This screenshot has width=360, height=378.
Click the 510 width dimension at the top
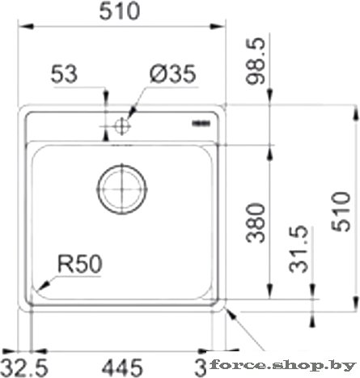120,11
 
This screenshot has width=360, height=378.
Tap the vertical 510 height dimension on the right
341,212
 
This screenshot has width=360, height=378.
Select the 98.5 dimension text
256,62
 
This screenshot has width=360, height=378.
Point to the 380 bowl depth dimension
256,223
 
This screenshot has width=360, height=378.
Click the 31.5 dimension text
299,248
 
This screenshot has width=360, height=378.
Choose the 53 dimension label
64,74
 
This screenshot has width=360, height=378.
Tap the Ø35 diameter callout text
173,74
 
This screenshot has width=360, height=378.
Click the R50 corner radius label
80,264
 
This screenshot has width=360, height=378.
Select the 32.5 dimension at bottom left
24,367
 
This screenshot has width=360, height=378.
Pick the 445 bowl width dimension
122,367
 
